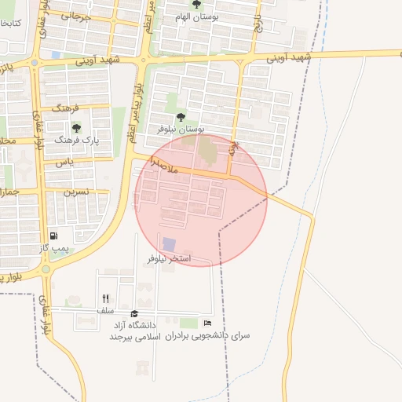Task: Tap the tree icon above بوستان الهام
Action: (x=208, y=4)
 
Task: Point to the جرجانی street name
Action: (x=81, y=16)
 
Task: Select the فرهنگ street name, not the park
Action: (x=67, y=108)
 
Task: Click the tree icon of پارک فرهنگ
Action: (x=76, y=126)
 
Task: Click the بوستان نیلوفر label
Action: (x=181, y=127)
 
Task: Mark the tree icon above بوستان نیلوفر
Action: (x=181, y=116)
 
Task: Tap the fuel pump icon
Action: (x=53, y=235)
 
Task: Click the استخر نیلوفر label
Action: (x=170, y=258)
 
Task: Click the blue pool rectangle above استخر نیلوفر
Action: (x=169, y=244)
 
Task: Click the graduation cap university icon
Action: (x=134, y=313)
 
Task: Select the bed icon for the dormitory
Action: (x=207, y=323)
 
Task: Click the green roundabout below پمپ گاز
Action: (x=46, y=269)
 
